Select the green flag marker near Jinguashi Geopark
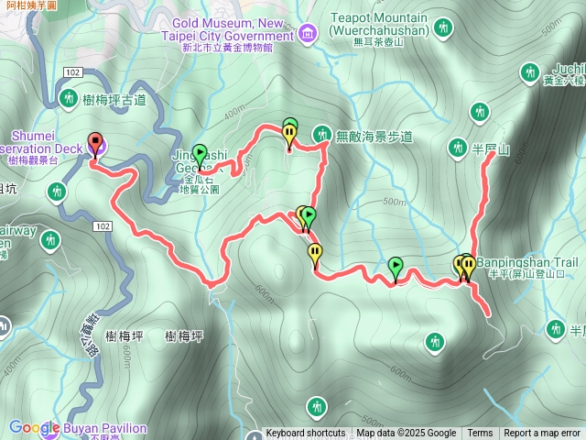[199, 154]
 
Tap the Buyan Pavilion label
[104, 428]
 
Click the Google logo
[34, 428]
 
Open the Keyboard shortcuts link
[306, 434]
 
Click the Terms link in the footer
[480, 434]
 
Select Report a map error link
[542, 434]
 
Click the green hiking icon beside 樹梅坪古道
[68, 97]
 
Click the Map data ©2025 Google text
[406, 434]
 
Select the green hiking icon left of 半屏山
[458, 147]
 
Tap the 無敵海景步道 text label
[374, 137]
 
